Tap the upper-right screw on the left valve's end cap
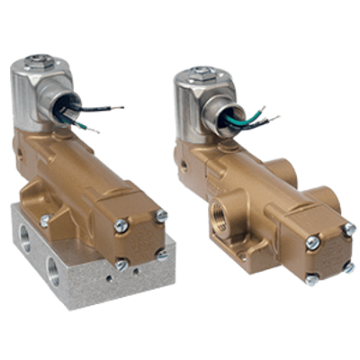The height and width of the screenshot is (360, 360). [x=159, y=215]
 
